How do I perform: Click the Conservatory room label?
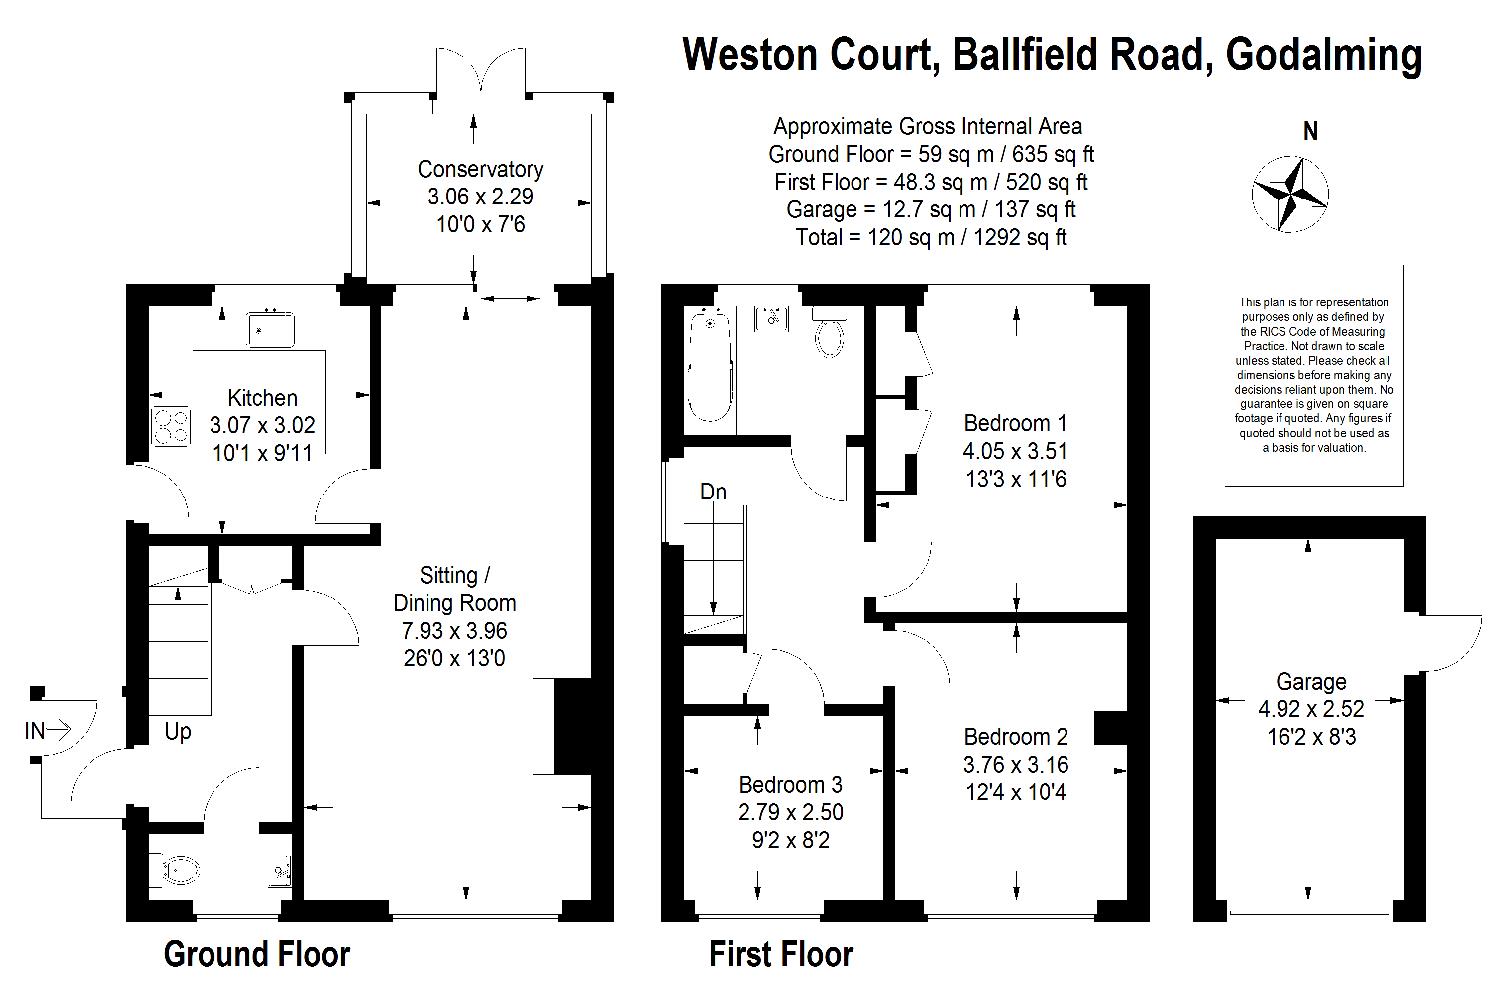coord(481,170)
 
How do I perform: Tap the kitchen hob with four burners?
coord(171,426)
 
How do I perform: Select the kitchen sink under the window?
coord(270,329)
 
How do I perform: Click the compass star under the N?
coord(1290,194)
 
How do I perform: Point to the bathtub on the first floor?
coord(710,365)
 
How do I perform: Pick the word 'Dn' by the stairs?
coord(713,492)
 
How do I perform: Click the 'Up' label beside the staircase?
coord(178,732)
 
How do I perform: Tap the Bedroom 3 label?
coord(790,785)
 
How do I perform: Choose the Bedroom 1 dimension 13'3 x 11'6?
coord(1016,479)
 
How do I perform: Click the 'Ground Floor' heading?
coord(257,954)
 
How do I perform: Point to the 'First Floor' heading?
coord(781,954)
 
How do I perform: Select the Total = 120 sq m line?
coord(931,237)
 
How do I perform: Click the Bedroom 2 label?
coord(1016,737)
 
